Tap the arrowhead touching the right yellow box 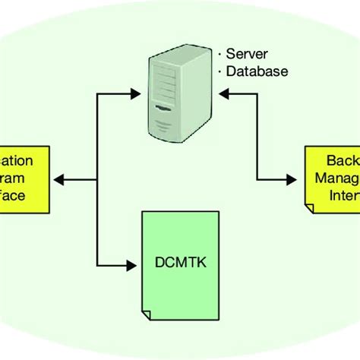click(297, 179)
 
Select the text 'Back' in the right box click(339, 162)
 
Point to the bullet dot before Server click(219, 55)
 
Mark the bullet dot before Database click(219, 72)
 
